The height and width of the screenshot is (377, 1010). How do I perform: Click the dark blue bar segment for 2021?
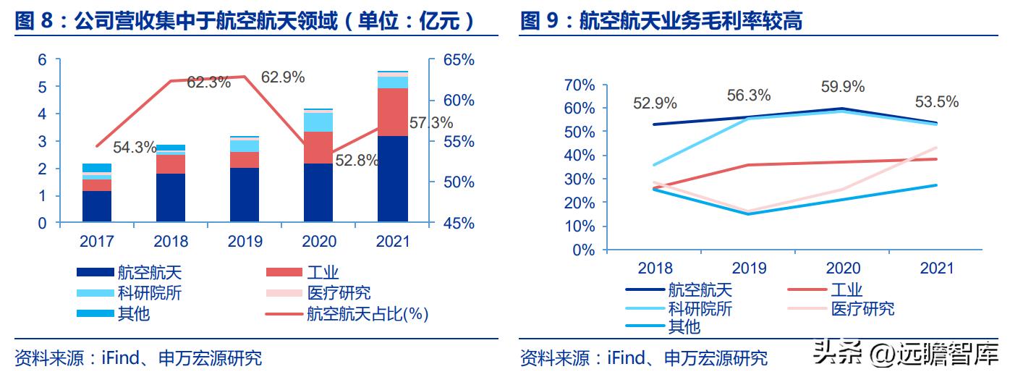(x=392, y=179)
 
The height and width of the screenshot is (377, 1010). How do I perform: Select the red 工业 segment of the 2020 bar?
(x=318, y=148)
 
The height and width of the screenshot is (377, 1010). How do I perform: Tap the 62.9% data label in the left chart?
(x=283, y=77)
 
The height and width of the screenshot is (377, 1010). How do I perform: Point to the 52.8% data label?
(x=356, y=161)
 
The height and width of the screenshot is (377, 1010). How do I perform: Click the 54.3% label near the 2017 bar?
(x=135, y=148)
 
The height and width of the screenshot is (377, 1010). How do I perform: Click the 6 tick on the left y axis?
(x=43, y=60)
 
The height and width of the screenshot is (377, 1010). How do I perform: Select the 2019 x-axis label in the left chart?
(x=245, y=241)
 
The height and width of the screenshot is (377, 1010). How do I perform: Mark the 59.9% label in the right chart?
(x=842, y=87)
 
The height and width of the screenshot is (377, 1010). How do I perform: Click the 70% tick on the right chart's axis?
(x=579, y=85)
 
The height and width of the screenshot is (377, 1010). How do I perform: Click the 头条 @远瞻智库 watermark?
(x=904, y=355)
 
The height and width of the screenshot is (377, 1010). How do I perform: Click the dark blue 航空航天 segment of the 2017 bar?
(x=97, y=206)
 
